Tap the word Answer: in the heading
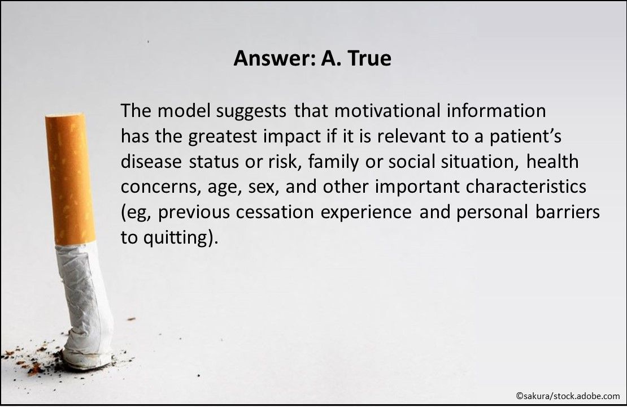click(x=275, y=59)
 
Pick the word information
click(x=497, y=111)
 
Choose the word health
click(x=552, y=162)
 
